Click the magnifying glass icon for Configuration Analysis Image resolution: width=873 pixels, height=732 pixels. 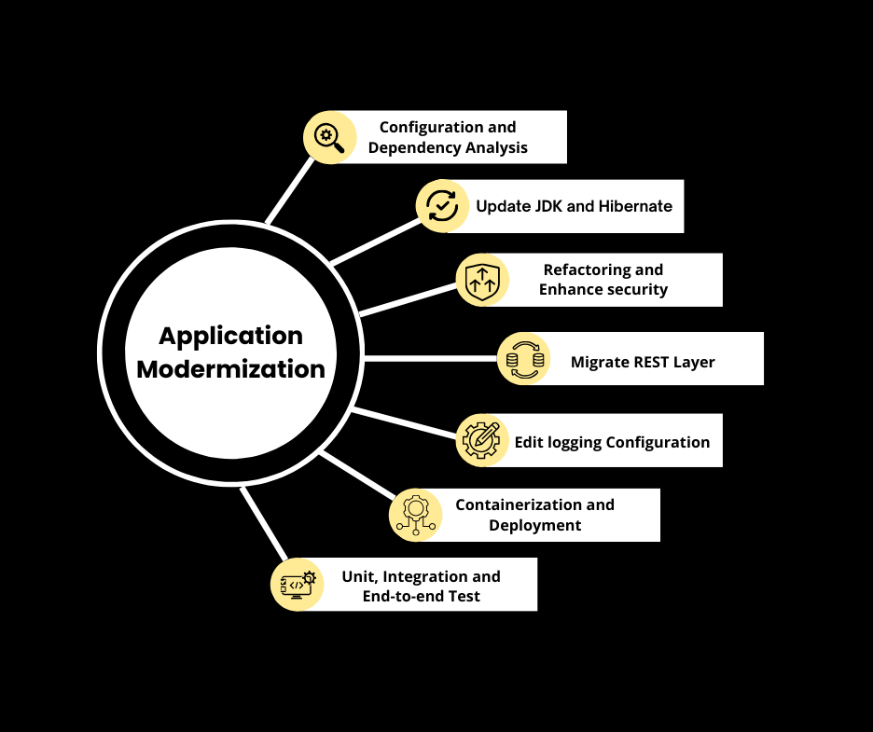(329, 137)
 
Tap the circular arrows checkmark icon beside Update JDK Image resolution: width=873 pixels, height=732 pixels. (441, 206)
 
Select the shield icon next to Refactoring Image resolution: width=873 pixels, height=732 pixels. (482, 279)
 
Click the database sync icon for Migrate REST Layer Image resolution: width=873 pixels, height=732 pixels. (523, 359)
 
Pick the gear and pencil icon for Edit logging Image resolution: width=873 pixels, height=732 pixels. (482, 439)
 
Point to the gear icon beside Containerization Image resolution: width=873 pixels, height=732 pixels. (415, 514)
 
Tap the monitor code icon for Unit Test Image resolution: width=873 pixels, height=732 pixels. (297, 584)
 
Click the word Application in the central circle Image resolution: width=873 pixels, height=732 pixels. (230, 336)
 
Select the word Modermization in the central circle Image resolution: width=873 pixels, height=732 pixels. (230, 368)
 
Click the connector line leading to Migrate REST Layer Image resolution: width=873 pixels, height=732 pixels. (429, 358)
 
